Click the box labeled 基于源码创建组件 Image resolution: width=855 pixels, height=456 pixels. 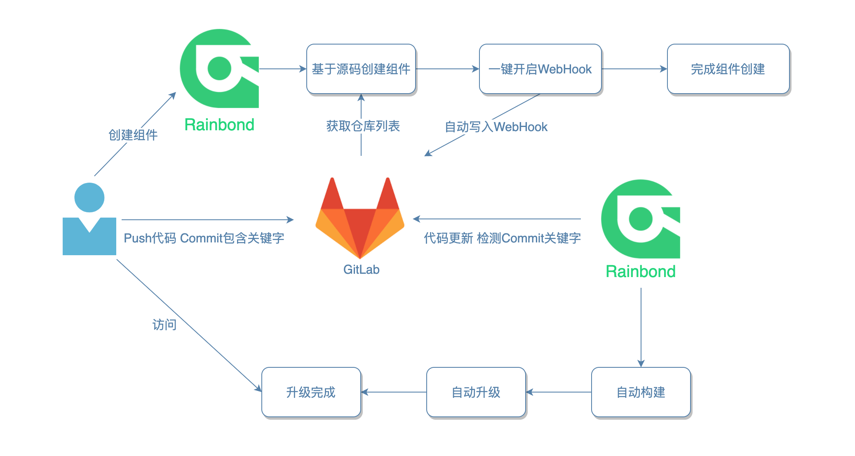pyautogui.click(x=361, y=69)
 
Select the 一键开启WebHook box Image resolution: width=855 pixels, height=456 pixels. pyautogui.click(x=540, y=69)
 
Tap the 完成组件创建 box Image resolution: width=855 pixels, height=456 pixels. pyautogui.click(x=728, y=69)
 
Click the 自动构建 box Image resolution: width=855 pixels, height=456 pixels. pyautogui.click(x=641, y=392)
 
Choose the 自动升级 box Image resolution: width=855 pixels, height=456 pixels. pyautogui.click(x=476, y=392)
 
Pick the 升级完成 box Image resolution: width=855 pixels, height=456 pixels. pyautogui.click(x=311, y=392)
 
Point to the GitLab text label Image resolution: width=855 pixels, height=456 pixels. pyautogui.click(x=361, y=270)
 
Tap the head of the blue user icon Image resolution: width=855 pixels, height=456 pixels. pyautogui.click(x=89, y=197)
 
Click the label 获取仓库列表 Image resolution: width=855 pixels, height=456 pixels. pyautogui.click(x=363, y=126)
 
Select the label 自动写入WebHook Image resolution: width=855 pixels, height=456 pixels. pyautogui.click(x=496, y=127)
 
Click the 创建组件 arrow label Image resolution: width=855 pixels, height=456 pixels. pyautogui.click(x=133, y=135)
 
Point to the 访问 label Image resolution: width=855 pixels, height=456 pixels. pyautogui.click(x=164, y=325)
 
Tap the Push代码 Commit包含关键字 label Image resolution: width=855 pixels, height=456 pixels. pyautogui.click(x=204, y=238)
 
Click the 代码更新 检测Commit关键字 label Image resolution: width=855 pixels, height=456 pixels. pyautogui.click(x=502, y=238)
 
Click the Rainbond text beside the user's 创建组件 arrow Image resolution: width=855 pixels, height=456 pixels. pyautogui.click(x=219, y=125)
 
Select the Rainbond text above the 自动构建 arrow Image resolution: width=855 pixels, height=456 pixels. pyautogui.click(x=641, y=272)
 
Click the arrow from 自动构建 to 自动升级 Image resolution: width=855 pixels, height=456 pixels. pyautogui.click(x=559, y=392)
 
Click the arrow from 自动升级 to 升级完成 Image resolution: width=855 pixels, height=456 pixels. pyautogui.click(x=394, y=392)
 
